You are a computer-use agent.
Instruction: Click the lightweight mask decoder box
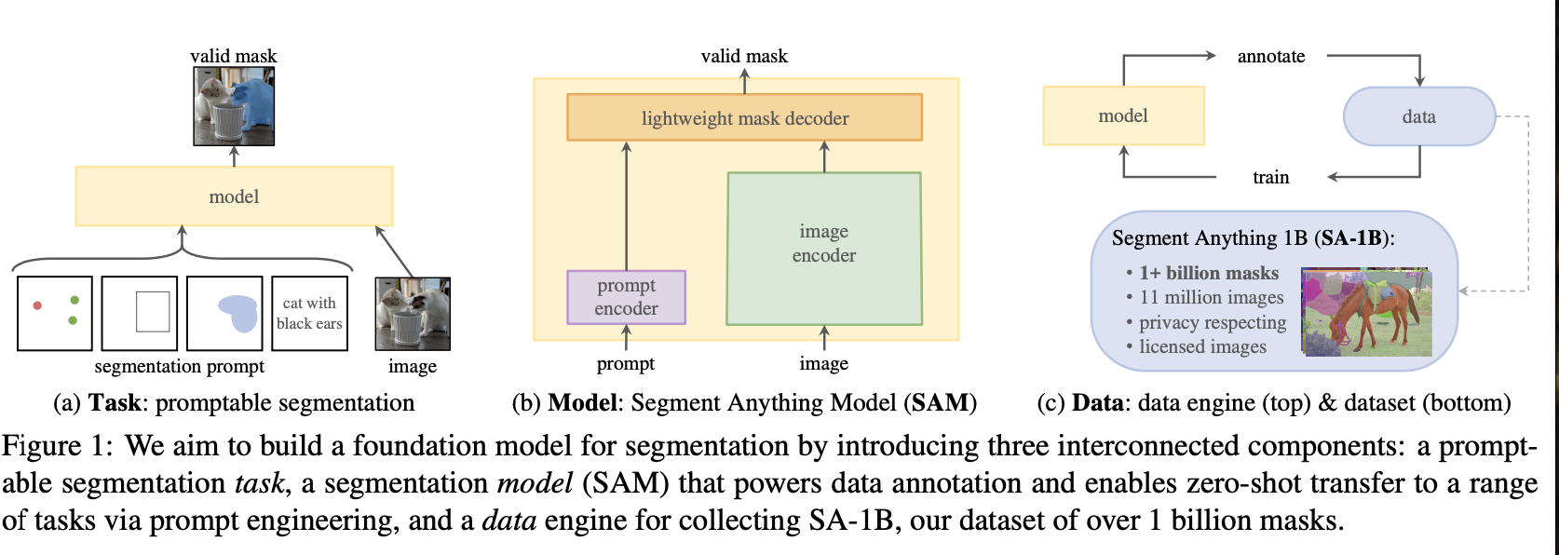(x=744, y=118)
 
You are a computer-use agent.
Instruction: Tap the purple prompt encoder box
(x=626, y=297)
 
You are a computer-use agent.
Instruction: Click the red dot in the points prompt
(x=37, y=305)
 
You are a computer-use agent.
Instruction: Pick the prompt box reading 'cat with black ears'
(x=309, y=314)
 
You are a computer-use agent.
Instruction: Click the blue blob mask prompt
(x=238, y=313)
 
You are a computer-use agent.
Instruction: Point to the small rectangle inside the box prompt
(x=153, y=312)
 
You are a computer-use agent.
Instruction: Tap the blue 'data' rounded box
(x=1418, y=116)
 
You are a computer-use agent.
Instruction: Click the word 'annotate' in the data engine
(x=1270, y=57)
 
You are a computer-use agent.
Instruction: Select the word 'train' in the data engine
(x=1270, y=177)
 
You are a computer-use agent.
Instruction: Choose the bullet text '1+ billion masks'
(x=1209, y=273)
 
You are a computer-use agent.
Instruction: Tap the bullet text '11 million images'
(x=1211, y=297)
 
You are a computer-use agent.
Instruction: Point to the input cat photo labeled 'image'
(x=413, y=314)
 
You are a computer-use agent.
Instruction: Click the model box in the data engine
(x=1123, y=116)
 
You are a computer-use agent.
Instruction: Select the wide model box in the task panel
(x=234, y=196)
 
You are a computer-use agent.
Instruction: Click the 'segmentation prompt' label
(x=179, y=366)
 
